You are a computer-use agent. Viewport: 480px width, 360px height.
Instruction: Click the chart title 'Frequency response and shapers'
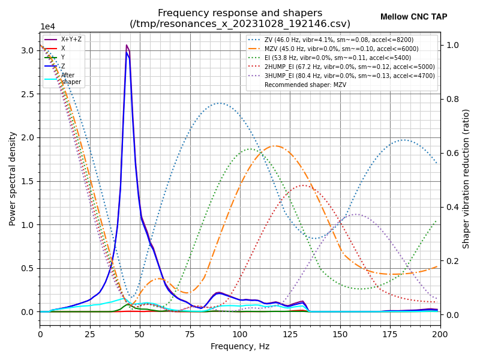tap(240, 13)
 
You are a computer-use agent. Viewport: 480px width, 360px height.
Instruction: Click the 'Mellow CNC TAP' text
tap(413, 17)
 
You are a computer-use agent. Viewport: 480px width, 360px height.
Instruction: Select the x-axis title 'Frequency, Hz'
tap(240, 347)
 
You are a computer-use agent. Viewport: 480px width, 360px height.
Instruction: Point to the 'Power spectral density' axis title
tap(13, 178)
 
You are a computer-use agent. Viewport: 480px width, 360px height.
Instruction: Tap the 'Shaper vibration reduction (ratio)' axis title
tap(466, 178)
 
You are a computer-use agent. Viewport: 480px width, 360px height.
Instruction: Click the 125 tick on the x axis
tap(290, 334)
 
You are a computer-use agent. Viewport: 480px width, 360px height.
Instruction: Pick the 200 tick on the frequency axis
tap(440, 334)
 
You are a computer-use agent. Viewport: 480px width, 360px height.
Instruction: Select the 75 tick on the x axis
tap(190, 334)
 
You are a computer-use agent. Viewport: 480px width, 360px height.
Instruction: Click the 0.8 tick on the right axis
tap(452, 99)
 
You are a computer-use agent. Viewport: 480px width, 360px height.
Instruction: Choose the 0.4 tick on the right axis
tap(452, 207)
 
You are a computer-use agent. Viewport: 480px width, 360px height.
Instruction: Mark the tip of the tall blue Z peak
tap(127, 53)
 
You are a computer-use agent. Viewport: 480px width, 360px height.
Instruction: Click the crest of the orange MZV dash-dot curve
tap(275, 146)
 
